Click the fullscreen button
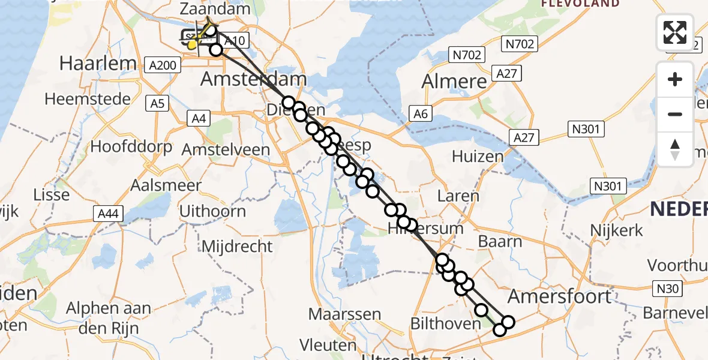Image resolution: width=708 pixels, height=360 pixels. tap(675, 32)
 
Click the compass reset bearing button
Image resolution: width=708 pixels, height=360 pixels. tap(675, 149)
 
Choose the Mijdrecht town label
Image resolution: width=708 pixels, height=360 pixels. tap(237, 246)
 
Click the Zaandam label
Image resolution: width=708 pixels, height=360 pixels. tap(215, 10)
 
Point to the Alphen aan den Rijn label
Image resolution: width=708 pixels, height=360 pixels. tap(109, 318)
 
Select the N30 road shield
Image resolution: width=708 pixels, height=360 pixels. tap(667, 289)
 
